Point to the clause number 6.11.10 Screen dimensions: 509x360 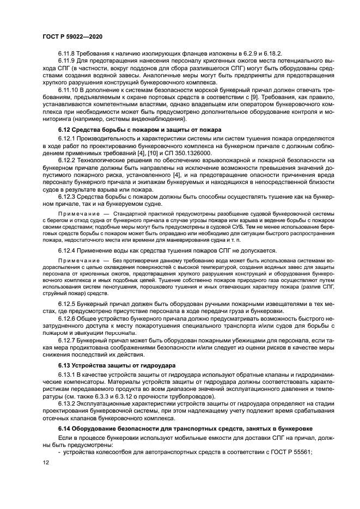click(x=70, y=91)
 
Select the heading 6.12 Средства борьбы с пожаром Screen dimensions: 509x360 click(x=139, y=130)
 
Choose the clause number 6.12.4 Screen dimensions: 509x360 click(x=68, y=250)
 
